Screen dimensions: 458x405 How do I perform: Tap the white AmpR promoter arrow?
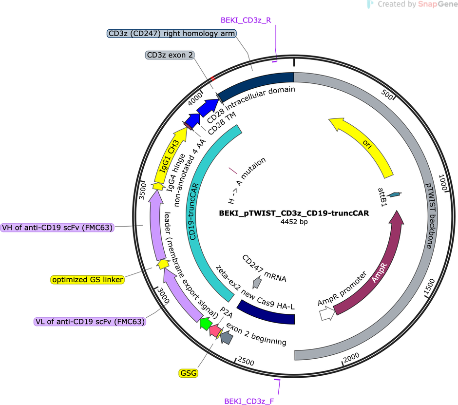(x=327, y=313)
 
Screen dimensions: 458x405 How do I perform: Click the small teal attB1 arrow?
(x=394, y=194)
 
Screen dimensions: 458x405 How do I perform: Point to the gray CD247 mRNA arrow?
(x=257, y=282)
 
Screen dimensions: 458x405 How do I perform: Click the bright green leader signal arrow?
(x=206, y=324)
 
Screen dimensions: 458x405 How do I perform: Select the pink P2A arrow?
(x=215, y=330)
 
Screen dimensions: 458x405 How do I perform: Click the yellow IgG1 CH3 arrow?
(x=169, y=155)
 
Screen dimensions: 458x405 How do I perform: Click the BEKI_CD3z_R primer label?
(x=246, y=20)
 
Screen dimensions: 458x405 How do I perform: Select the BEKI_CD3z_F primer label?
(x=249, y=401)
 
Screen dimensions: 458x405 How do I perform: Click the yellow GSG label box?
(x=189, y=373)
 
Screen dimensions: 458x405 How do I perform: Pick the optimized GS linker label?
(x=88, y=280)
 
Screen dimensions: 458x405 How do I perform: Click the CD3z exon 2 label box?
(x=170, y=55)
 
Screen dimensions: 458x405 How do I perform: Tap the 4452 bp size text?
(x=294, y=222)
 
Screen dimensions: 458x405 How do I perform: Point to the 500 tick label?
(x=387, y=95)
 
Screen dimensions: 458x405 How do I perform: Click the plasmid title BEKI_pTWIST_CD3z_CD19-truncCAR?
(x=294, y=213)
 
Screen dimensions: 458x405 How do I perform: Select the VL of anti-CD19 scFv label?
(x=90, y=322)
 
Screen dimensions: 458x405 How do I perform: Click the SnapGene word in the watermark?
(x=438, y=4)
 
